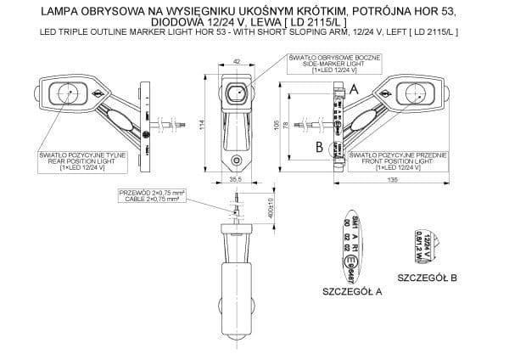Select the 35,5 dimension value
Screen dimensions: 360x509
pyautogui.click(x=235, y=180)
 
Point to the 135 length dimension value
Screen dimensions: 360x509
pyautogui.click(x=393, y=180)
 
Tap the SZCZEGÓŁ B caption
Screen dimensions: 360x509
pyautogui.click(x=428, y=278)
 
